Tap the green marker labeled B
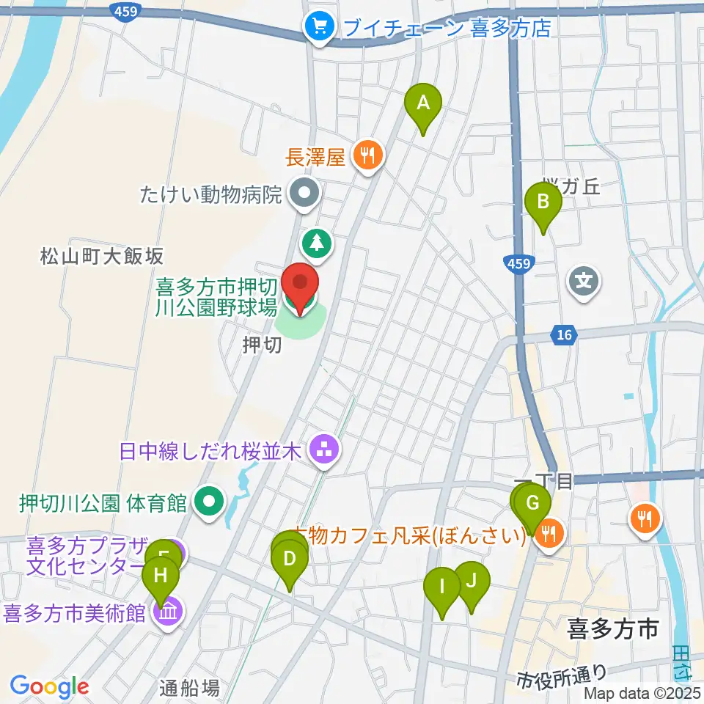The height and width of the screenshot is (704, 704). (543, 202)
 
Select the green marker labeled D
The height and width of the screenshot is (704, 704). (290, 560)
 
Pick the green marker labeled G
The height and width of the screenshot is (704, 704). (533, 505)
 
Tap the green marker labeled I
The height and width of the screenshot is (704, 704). (441, 587)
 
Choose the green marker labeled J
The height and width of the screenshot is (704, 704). (472, 581)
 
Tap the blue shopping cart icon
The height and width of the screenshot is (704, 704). (320, 28)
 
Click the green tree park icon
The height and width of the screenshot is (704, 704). (316, 241)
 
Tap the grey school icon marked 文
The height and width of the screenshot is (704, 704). (584, 281)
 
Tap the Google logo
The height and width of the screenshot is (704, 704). (49, 687)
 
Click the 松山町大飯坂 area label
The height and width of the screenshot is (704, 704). (103, 256)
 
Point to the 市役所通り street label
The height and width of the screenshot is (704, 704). (562, 672)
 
